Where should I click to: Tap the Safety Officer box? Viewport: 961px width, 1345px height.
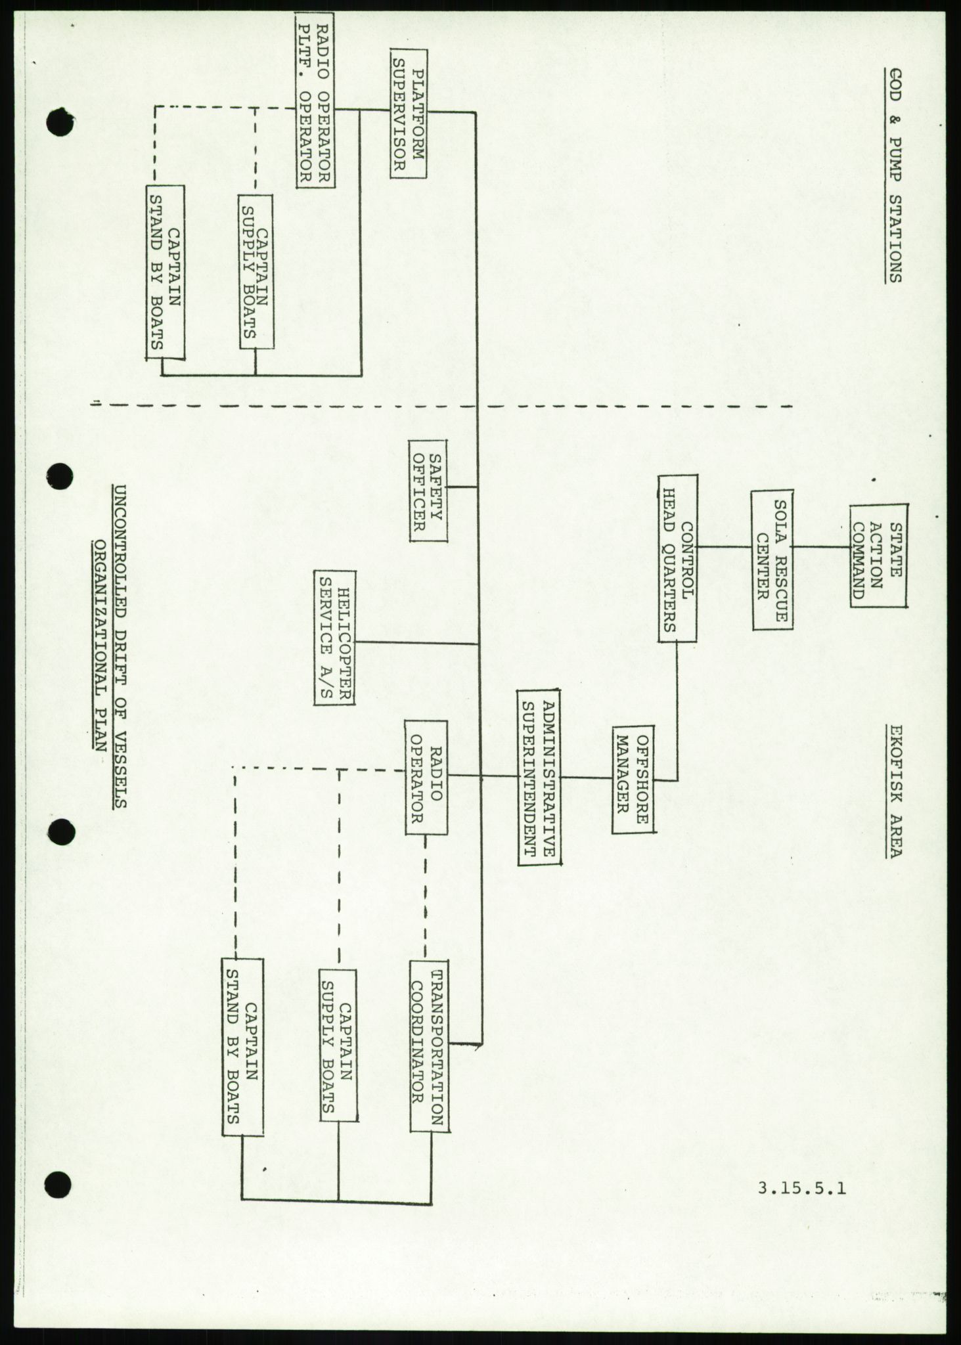pyautogui.click(x=428, y=490)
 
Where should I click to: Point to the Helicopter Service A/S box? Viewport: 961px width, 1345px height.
pyautogui.click(x=334, y=638)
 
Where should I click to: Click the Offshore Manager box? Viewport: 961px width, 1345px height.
pyautogui.click(x=633, y=780)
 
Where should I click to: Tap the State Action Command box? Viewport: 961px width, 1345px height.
pyautogui.click(x=878, y=556)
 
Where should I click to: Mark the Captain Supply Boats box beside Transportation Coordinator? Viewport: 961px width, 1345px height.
pyautogui.click(x=339, y=1022)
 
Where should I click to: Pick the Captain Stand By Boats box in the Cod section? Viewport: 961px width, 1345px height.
pyautogui.click(x=165, y=272)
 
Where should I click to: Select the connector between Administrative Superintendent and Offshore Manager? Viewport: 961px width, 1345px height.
pyautogui.click(x=587, y=778)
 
